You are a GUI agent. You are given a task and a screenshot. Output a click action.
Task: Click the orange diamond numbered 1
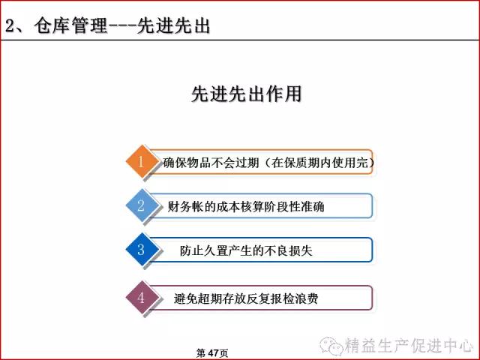coord(142,161)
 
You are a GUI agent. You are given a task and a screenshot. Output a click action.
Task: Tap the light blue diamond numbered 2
coord(142,205)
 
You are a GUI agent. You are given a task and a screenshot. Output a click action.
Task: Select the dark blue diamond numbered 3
coord(142,249)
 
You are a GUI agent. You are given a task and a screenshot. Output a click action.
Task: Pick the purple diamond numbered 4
coord(142,297)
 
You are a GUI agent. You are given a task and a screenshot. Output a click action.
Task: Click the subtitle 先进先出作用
coord(247,93)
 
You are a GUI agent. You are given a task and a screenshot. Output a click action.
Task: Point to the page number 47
coord(213,353)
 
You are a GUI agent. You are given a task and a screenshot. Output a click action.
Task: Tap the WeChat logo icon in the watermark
coord(331,345)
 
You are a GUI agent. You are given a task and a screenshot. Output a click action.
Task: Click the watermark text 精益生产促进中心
coord(409,346)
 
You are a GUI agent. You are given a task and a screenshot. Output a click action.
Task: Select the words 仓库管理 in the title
coord(70,25)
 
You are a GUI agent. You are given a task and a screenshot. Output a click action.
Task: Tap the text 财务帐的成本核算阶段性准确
coord(246,207)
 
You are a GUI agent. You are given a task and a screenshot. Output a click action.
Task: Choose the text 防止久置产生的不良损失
coord(246,250)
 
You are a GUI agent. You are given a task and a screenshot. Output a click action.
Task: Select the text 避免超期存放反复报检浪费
coord(246,298)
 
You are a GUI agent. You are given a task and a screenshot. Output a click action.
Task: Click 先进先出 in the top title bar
coord(173,25)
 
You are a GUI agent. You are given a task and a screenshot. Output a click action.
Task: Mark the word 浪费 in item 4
coord(307,298)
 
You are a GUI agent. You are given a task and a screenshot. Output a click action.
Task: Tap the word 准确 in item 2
coord(313,207)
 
